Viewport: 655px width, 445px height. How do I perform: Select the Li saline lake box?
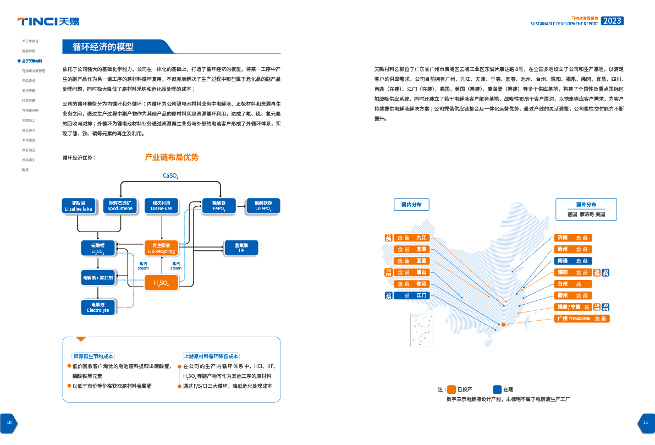(x=78, y=206)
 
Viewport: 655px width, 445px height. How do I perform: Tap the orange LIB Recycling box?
(x=161, y=248)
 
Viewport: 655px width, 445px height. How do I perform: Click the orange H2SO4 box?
(x=161, y=283)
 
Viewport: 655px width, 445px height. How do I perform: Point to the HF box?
(x=241, y=248)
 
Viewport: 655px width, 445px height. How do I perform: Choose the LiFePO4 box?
(x=263, y=206)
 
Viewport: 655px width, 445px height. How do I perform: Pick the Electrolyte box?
(x=98, y=307)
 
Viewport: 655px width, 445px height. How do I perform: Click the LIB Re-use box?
(x=161, y=206)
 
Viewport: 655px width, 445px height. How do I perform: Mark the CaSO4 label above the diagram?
(x=170, y=176)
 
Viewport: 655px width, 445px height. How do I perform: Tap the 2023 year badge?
(x=612, y=21)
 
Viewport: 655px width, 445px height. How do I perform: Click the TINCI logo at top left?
(x=48, y=22)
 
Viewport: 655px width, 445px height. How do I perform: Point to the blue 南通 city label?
(x=573, y=261)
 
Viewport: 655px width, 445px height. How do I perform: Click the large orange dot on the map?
(x=503, y=325)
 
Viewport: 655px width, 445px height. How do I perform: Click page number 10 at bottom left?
(x=9, y=422)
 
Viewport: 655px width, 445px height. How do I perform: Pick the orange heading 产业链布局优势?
(x=171, y=157)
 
